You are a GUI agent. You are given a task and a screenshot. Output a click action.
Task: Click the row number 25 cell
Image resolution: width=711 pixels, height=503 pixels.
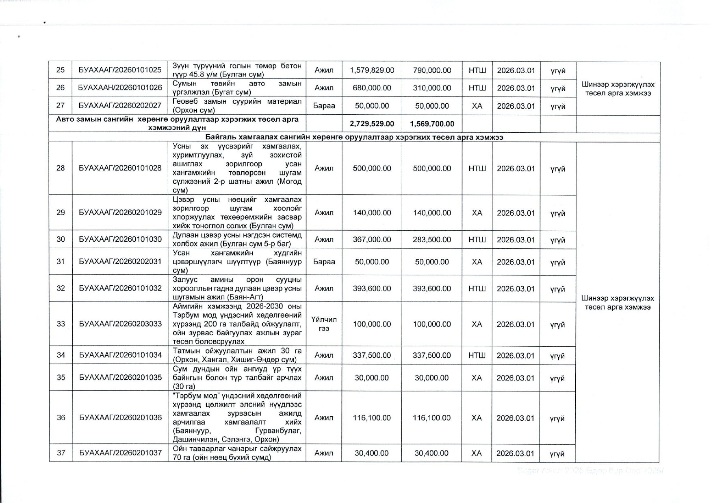(61, 70)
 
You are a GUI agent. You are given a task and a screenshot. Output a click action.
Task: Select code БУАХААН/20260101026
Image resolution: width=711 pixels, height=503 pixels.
(120, 87)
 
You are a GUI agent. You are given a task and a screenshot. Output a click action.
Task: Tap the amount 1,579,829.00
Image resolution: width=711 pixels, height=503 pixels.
(372, 70)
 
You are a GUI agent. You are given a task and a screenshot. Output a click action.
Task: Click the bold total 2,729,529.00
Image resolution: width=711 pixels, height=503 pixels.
(372, 124)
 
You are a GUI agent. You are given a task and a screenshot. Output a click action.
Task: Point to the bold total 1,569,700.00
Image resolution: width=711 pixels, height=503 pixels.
(432, 124)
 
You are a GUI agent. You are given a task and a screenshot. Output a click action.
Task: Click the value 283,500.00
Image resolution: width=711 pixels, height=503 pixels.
(432, 240)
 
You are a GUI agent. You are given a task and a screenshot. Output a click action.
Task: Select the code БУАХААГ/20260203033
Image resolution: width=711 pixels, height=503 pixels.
(120, 324)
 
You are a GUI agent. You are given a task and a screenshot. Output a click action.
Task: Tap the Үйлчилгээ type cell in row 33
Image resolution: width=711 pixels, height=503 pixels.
(324, 324)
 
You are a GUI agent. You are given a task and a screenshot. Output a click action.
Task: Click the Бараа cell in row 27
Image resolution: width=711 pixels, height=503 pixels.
(324, 106)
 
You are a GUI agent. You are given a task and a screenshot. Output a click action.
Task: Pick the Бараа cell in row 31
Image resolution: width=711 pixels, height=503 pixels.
(324, 262)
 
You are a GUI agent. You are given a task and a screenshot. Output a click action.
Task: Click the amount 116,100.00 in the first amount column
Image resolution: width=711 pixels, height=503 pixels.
(372, 418)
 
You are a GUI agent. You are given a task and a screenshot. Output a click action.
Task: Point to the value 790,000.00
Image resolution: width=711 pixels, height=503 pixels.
(432, 70)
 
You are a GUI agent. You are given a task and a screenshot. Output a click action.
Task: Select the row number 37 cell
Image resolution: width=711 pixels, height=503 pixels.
(61, 453)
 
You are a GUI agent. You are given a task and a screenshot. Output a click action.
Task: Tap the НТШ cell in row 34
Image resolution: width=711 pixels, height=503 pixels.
(477, 355)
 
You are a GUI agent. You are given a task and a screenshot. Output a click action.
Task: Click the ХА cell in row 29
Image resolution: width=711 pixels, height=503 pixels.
(477, 213)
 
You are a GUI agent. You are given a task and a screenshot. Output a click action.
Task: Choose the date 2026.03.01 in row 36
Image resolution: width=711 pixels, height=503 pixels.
(516, 418)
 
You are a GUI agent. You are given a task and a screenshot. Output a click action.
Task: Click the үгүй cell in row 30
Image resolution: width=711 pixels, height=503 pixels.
(557, 240)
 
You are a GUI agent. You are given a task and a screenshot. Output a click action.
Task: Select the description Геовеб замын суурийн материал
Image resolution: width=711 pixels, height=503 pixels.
(237, 105)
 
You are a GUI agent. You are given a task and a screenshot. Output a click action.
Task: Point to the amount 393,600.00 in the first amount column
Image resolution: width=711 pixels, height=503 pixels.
(372, 289)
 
